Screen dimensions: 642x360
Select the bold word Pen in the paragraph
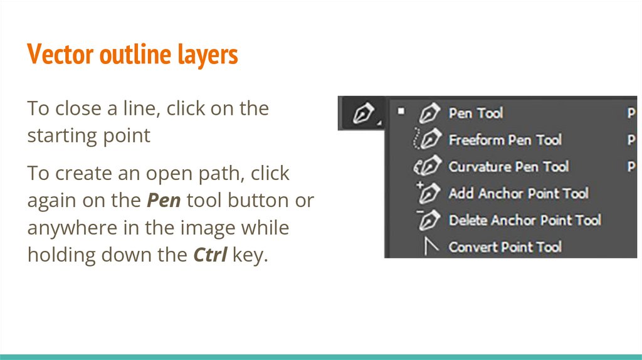tap(164, 201)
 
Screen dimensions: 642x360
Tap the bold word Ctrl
tap(210, 255)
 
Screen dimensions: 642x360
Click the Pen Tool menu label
tap(476, 113)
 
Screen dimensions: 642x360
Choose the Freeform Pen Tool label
tap(505, 140)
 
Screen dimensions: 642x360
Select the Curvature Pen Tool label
tap(508, 167)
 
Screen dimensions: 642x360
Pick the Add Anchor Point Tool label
tap(518, 193)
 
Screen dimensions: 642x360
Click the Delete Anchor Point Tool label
tap(525, 220)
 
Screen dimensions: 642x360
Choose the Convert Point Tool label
tap(505, 247)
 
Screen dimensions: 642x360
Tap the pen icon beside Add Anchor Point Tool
tap(428, 193)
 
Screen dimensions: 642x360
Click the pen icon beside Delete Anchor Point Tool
tap(428, 220)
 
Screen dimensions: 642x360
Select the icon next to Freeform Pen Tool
tap(426, 139)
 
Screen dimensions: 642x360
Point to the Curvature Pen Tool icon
tap(427, 166)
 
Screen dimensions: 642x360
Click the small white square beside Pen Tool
tap(401, 111)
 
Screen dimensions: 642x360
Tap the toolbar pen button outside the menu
tap(363, 113)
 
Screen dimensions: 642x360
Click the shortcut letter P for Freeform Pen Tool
tap(631, 140)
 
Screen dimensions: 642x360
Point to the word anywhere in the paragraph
tap(73, 228)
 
